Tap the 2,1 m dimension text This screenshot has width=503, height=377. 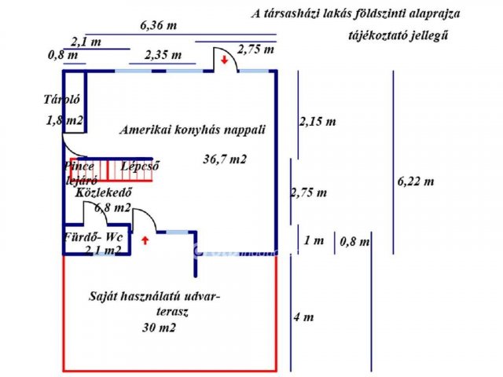(x=86, y=41)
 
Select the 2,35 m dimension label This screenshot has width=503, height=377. (x=163, y=55)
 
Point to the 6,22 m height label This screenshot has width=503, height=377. (x=416, y=181)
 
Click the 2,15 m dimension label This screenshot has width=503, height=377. (x=318, y=122)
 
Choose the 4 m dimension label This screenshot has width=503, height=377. (x=303, y=317)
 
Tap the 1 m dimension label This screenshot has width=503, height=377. (x=314, y=240)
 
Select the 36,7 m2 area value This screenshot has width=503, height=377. (x=225, y=159)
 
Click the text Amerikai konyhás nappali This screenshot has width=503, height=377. (x=193, y=130)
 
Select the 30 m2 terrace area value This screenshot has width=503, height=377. (x=160, y=328)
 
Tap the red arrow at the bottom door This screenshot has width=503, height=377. (x=145, y=240)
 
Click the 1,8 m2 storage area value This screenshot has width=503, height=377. (x=65, y=120)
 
